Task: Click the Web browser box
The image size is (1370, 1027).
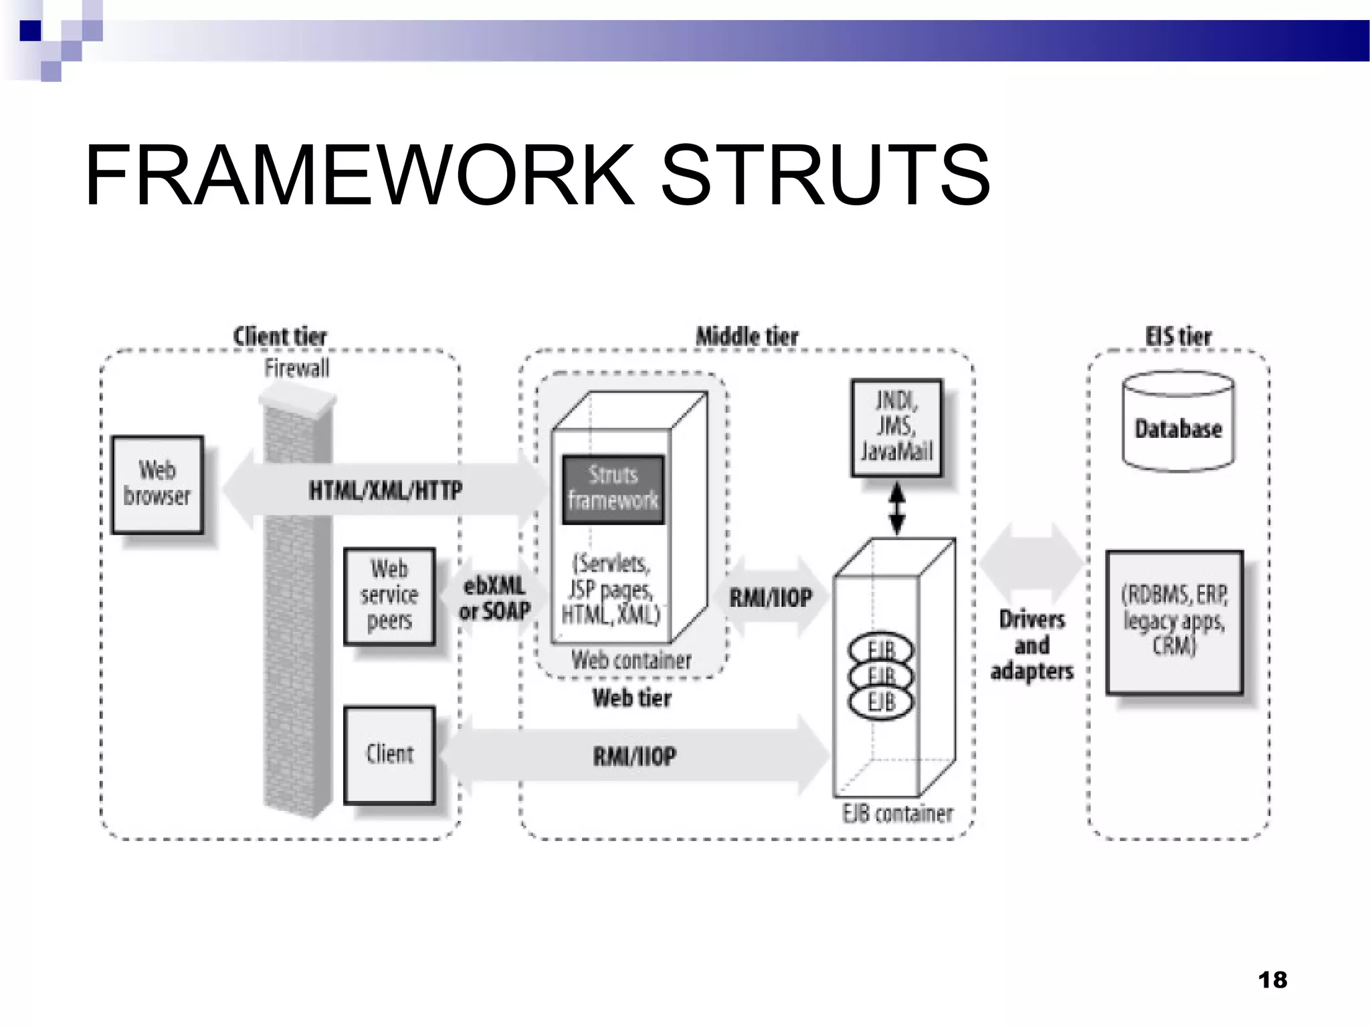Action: [x=157, y=484]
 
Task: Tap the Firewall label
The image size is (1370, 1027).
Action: [x=296, y=368]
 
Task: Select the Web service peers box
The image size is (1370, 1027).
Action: [x=389, y=596]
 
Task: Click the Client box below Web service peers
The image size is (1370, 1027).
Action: [x=389, y=754]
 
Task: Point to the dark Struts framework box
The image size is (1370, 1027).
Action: [x=613, y=489]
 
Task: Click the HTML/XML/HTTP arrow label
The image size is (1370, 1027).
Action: [x=385, y=490]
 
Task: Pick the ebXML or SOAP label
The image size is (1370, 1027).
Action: [x=494, y=598]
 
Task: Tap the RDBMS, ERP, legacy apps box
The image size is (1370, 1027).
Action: [x=1174, y=621]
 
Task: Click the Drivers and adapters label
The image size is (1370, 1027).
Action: [x=1032, y=645]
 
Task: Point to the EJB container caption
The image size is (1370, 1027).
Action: [x=898, y=814]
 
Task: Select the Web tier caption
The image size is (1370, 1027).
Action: [x=631, y=698]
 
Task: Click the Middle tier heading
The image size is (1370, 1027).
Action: [x=747, y=336]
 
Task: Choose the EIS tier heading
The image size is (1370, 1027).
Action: [x=1178, y=336]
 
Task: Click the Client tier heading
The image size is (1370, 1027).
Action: [x=280, y=336]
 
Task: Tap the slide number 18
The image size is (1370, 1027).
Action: [x=1272, y=980]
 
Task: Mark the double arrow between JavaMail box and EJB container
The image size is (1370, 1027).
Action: [x=897, y=509]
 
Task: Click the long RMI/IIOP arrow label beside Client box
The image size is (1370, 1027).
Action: [x=634, y=756]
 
